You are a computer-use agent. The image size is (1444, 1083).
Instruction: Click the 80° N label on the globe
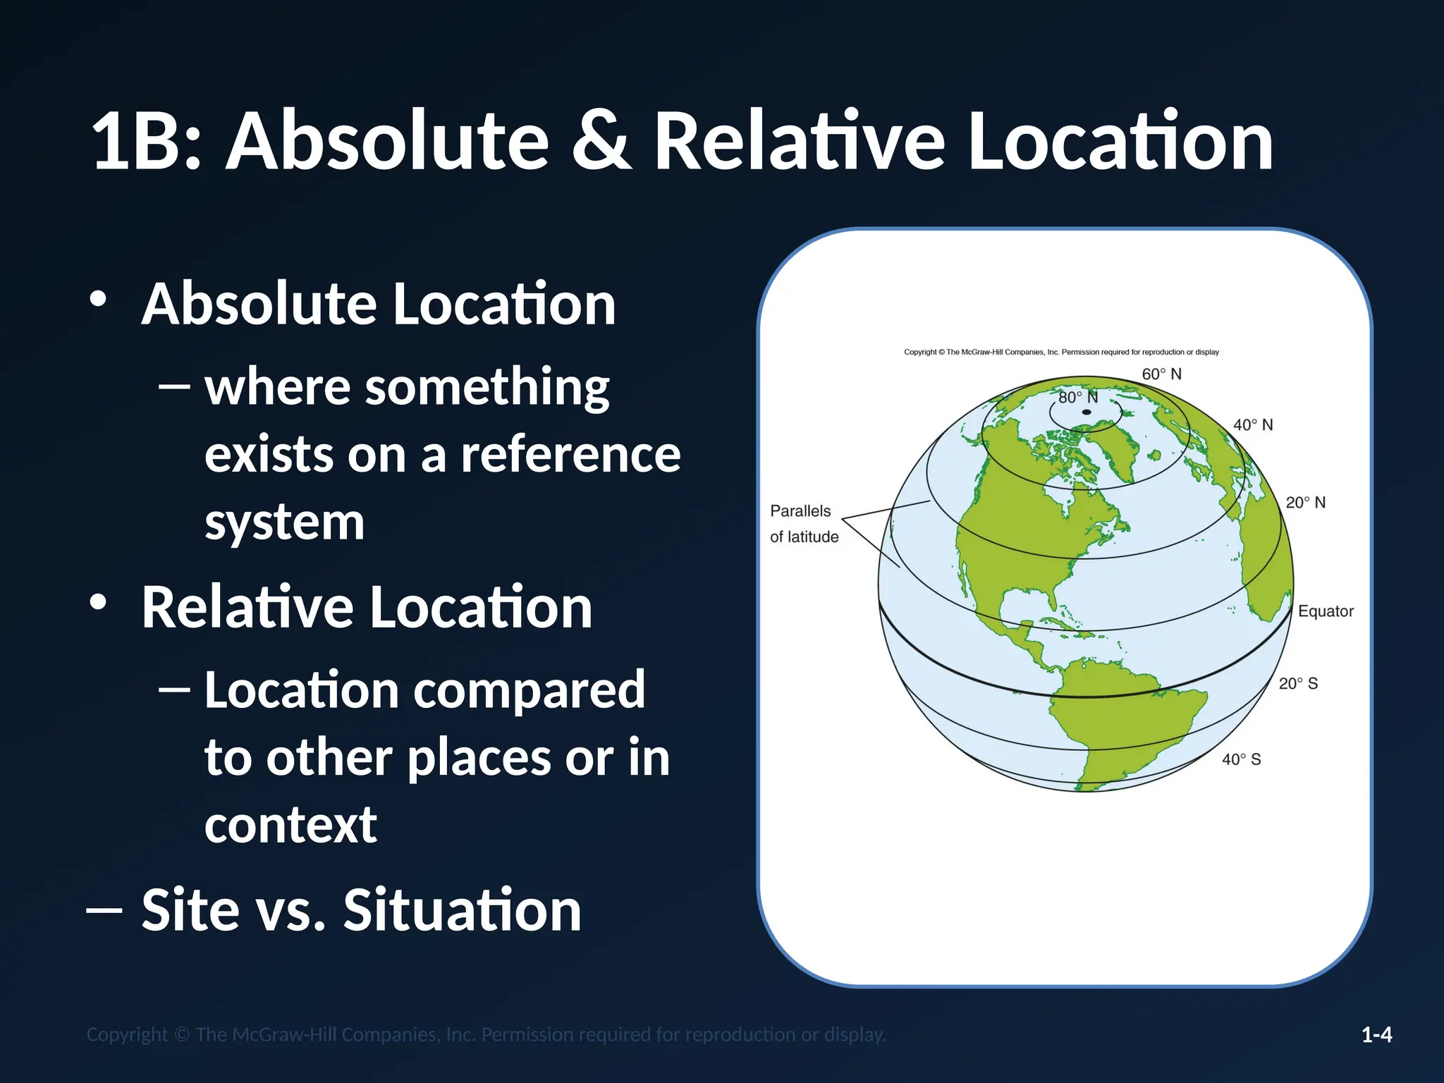[1078, 397]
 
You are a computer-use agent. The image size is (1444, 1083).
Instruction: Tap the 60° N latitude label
[1161, 374]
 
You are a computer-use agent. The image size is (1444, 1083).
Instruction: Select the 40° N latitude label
[1253, 424]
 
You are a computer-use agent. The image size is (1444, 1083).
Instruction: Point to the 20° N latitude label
[1305, 502]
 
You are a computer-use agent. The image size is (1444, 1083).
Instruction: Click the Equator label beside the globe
[1326, 611]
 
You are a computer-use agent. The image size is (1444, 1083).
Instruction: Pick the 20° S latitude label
[1298, 683]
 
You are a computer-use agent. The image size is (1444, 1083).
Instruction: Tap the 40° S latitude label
[1241, 759]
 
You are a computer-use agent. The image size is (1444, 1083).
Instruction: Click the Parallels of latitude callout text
[804, 524]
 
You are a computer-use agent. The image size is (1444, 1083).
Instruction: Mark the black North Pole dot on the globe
[1087, 412]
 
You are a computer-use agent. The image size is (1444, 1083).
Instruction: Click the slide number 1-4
[1376, 1034]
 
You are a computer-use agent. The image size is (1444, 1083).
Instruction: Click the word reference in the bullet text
[570, 455]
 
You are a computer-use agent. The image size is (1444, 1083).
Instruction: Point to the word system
[284, 522]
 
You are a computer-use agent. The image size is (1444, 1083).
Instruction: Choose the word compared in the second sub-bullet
[529, 690]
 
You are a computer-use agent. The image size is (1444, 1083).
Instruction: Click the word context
[290, 824]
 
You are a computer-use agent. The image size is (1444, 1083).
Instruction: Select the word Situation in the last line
[462, 910]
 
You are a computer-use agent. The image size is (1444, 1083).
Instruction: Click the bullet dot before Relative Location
[98, 603]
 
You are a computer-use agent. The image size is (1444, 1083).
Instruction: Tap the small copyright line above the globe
[1061, 352]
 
